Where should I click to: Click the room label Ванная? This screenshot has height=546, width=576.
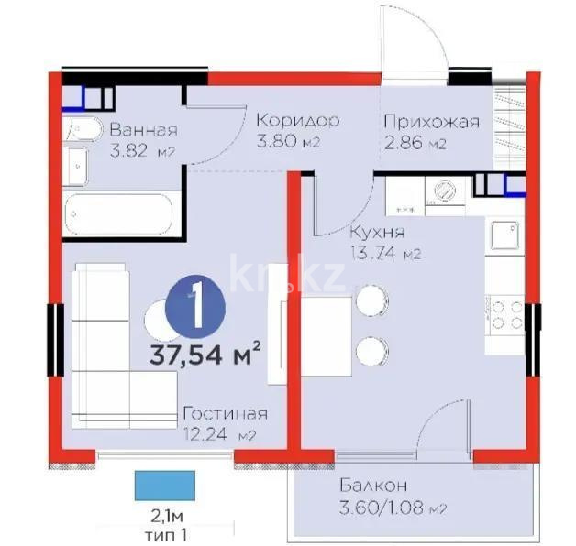click(x=143, y=129)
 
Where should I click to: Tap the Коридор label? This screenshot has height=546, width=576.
click(x=297, y=121)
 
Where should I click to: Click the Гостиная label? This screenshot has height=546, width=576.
click(x=225, y=413)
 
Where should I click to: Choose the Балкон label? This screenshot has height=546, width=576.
click(x=372, y=486)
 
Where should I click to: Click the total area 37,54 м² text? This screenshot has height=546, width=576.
click(x=206, y=353)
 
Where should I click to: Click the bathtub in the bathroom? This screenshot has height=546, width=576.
click(x=121, y=213)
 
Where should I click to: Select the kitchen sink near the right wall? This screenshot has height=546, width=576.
click(x=504, y=237)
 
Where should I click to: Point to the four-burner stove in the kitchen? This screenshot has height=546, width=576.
click(x=504, y=314)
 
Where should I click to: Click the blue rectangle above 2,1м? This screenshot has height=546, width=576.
click(x=165, y=481)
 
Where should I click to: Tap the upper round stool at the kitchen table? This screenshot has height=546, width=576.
click(x=370, y=300)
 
